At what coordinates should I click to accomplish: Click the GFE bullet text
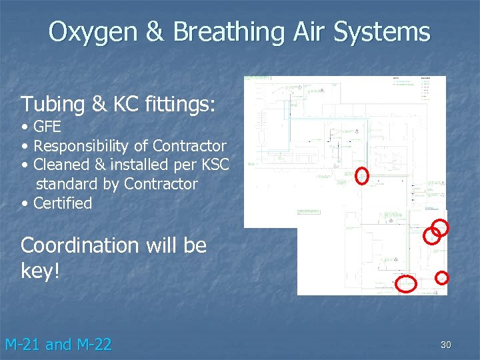47,127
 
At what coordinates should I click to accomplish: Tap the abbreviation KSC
214,164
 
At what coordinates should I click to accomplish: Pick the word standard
67,183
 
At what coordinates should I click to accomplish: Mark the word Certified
63,203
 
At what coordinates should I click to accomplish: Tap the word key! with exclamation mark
41,271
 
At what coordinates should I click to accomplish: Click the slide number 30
445,345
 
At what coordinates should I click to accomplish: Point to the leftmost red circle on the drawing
362,175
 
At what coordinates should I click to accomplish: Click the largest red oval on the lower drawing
407,284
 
